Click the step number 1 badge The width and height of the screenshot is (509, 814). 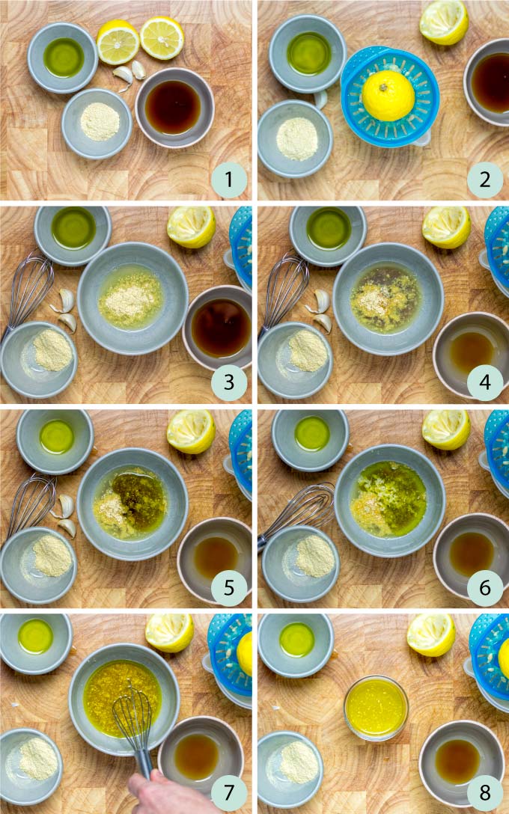tap(229, 180)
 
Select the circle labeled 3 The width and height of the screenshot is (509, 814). tap(229, 384)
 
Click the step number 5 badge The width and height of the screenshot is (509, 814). tap(229, 588)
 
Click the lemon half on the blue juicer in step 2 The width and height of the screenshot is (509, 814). tap(388, 95)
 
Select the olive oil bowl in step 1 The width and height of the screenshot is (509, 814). tap(63, 58)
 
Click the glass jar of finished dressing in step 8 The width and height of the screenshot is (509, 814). tap(377, 708)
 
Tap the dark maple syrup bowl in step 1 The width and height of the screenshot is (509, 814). tap(174, 107)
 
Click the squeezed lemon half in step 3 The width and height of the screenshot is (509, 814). tap(191, 226)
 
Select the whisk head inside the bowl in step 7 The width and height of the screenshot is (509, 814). tap(132, 718)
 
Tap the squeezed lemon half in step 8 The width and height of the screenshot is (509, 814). tap(430, 635)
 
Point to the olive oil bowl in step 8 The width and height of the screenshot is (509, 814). tap(296, 640)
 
